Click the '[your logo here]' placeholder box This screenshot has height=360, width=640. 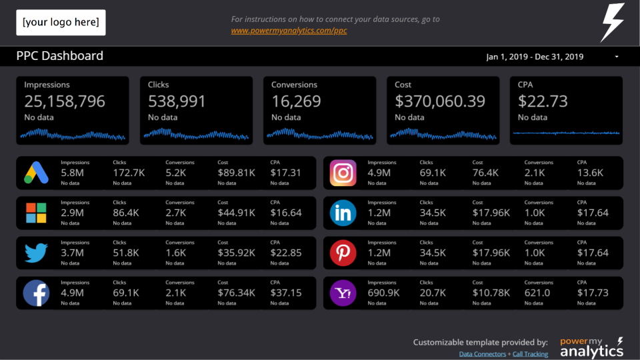point(61,23)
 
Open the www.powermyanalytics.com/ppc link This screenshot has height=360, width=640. point(289,31)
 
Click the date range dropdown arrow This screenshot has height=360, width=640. point(617,57)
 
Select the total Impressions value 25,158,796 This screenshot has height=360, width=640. point(65,101)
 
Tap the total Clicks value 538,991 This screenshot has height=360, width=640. point(177,101)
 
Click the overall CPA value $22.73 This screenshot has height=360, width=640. point(543,101)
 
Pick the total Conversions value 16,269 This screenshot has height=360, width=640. point(296,101)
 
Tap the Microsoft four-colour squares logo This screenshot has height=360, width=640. point(36,213)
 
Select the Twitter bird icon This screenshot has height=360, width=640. point(36,253)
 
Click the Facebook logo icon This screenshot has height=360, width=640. point(36,293)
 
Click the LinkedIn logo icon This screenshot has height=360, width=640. point(343,213)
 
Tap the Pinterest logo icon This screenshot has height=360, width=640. point(343,253)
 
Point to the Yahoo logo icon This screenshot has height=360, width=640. point(343,293)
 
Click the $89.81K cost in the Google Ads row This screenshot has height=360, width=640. point(236,173)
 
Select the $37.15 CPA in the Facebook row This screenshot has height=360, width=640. point(285,293)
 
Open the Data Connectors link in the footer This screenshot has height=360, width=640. point(483,354)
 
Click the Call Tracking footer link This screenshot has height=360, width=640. point(531,354)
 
